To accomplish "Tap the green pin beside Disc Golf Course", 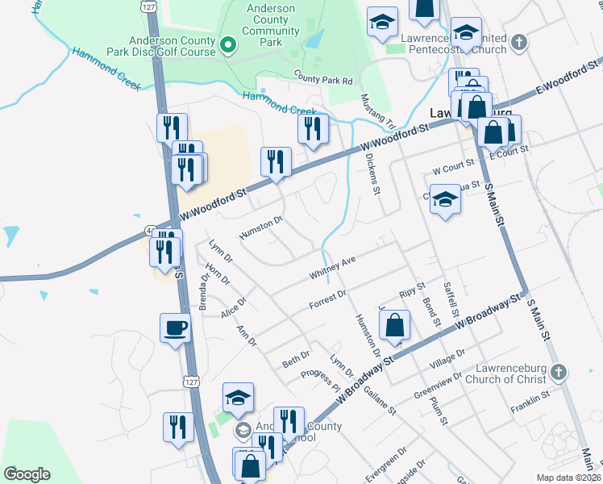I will point(228,45).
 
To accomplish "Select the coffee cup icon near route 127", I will point(175,328).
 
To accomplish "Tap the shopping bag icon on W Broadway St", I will point(395,327).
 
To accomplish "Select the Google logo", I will point(27,474).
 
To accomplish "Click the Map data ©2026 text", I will point(568,478).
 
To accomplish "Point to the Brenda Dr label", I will point(205,290).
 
